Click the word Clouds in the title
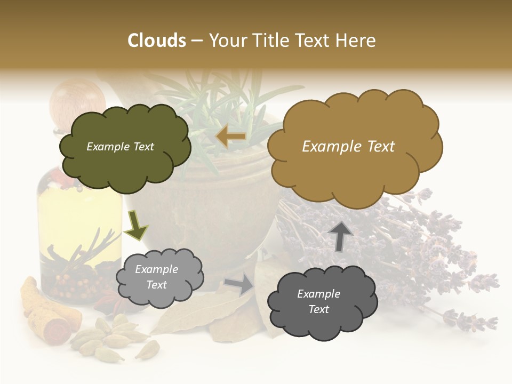tap(157, 41)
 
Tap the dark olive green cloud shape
tap(125, 147)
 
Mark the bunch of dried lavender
tap(427, 240)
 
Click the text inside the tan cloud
tap(348, 146)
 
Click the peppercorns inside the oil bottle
tap(69, 283)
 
